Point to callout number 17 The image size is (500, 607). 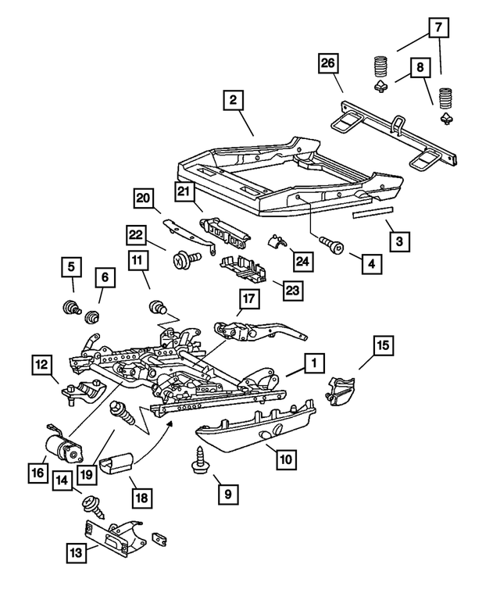pos(248,298)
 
